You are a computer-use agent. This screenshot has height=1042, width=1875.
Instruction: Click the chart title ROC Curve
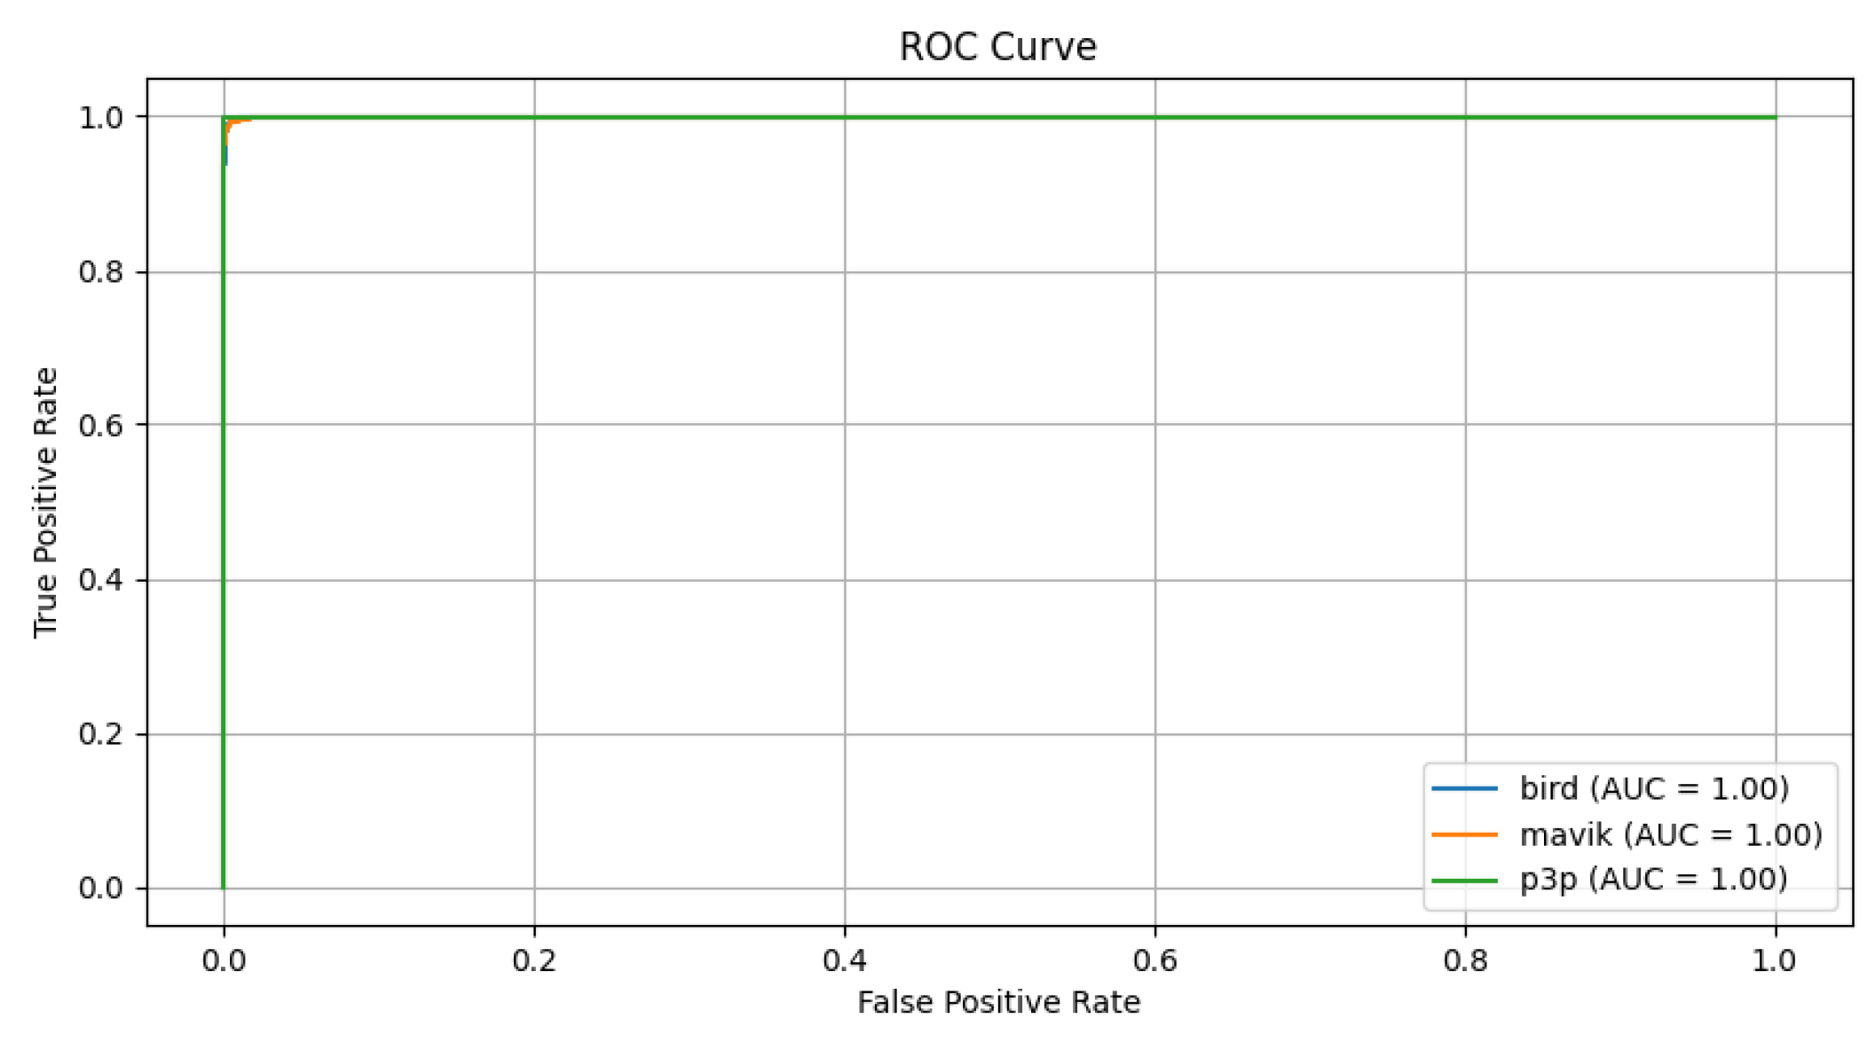(x=997, y=46)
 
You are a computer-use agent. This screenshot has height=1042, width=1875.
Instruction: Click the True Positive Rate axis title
(x=45, y=502)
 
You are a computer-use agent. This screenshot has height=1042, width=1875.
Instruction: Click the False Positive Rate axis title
(x=998, y=1002)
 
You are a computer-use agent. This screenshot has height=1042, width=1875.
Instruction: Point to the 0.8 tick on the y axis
(x=100, y=271)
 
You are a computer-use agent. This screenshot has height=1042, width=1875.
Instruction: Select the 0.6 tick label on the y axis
(x=100, y=425)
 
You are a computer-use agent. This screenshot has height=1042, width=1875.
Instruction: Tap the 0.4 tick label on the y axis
(x=100, y=580)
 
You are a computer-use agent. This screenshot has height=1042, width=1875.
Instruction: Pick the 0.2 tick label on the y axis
(x=100, y=734)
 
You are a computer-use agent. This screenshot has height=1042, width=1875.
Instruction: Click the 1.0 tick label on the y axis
(x=100, y=117)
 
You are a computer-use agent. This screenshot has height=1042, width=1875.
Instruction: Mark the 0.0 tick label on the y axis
(x=100, y=888)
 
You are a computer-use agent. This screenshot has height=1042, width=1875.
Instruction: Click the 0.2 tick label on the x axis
(x=533, y=960)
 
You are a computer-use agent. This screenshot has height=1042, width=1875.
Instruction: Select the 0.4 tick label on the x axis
(x=844, y=960)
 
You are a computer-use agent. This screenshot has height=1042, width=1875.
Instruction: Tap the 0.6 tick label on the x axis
(x=1154, y=960)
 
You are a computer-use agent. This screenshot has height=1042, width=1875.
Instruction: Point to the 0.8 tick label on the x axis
(x=1465, y=960)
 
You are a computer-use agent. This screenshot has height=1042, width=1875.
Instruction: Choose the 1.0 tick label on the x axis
(x=1775, y=960)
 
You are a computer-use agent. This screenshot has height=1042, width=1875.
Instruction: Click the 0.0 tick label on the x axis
(x=224, y=960)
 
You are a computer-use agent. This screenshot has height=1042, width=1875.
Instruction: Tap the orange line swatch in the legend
(x=1464, y=834)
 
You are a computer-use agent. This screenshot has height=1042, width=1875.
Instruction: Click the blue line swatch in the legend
(x=1464, y=788)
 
